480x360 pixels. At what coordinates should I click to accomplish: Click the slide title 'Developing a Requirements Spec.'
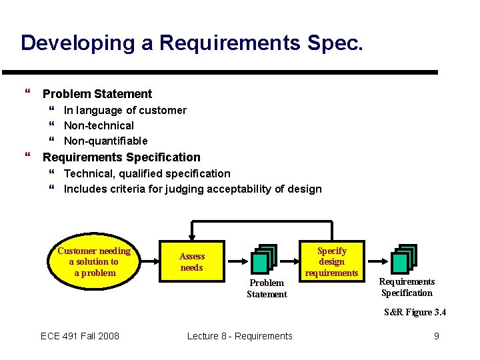click(192, 43)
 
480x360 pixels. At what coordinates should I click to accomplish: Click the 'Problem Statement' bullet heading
click(97, 94)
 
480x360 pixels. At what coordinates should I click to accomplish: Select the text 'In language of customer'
click(125, 110)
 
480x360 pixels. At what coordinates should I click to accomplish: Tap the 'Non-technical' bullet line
click(99, 125)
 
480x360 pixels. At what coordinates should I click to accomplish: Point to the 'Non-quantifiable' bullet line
click(105, 141)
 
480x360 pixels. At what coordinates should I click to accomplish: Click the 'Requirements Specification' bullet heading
click(121, 157)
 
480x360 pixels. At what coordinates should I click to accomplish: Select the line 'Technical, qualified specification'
click(147, 173)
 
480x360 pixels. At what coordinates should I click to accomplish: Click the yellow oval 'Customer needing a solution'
click(94, 261)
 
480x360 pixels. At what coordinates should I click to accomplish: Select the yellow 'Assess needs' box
click(192, 262)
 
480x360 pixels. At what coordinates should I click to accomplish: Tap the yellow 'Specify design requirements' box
click(331, 261)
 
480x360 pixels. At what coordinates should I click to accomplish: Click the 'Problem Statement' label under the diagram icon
click(267, 289)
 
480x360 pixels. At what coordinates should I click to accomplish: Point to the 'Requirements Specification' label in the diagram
click(407, 287)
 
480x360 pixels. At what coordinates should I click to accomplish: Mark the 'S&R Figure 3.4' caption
click(415, 313)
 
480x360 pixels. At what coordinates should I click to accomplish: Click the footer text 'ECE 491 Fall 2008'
click(80, 336)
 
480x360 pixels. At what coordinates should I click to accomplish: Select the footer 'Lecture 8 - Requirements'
click(239, 336)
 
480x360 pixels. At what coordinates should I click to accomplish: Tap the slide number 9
click(437, 336)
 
